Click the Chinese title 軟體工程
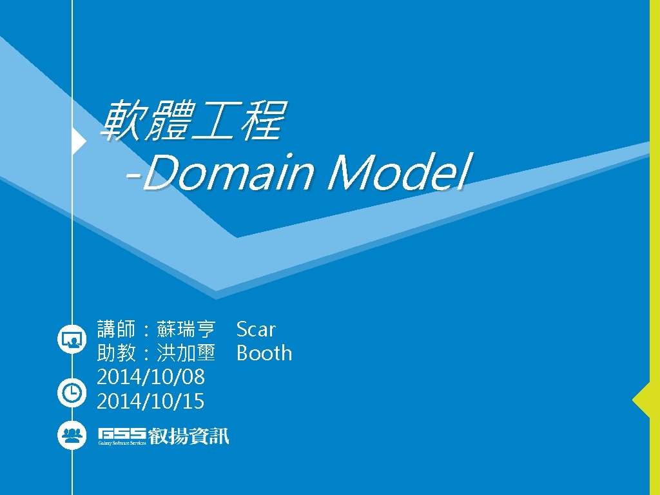point(191,121)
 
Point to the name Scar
point(256,329)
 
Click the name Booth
point(264,353)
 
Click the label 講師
point(116,329)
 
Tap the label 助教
point(116,353)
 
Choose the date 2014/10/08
point(151,377)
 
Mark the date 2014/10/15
point(151,402)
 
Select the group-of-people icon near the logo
point(71,435)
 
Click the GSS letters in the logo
point(122,432)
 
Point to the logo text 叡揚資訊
point(189,436)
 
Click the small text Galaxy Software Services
point(122,443)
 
